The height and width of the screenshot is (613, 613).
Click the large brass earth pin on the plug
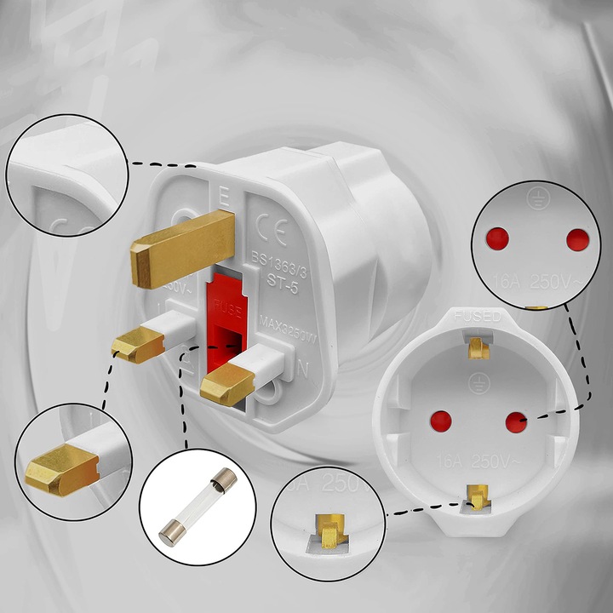(x=181, y=248)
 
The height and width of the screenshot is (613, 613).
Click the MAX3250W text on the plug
(x=289, y=328)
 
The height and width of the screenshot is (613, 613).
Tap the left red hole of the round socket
(x=441, y=419)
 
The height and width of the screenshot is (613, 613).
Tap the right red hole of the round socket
(x=514, y=421)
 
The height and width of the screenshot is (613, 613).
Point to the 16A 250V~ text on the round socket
(x=477, y=461)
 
